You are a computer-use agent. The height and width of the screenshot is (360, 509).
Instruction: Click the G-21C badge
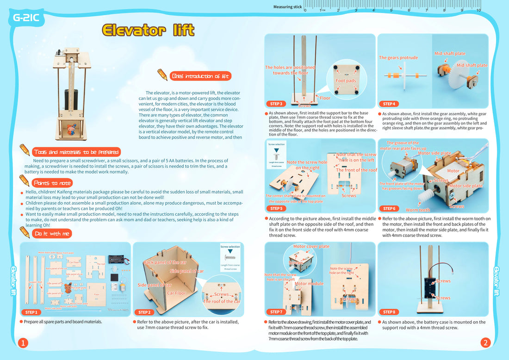coord(26,19)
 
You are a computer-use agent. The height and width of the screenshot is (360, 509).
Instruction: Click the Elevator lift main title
coord(148,31)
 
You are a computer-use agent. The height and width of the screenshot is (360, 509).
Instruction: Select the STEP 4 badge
coord(389,104)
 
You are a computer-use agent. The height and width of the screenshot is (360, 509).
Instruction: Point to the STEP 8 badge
coord(389,312)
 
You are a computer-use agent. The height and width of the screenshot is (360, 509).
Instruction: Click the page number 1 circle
coord(23,343)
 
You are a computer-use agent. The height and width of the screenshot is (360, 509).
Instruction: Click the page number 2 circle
coord(485,343)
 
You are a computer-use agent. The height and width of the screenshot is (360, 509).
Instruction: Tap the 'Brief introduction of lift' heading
coord(200,76)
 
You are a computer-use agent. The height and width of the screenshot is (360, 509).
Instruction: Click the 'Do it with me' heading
coord(52,234)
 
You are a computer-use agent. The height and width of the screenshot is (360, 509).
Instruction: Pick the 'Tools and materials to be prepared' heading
coord(76,152)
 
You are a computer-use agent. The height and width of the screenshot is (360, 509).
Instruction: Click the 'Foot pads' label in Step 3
coord(346,81)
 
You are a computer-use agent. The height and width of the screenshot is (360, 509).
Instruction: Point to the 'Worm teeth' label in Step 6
coord(417,210)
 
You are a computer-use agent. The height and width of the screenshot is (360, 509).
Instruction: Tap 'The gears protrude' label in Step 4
coord(398,58)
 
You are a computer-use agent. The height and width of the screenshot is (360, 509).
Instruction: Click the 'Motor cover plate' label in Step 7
coord(311,247)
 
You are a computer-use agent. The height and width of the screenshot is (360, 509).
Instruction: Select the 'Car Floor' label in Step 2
coord(176,293)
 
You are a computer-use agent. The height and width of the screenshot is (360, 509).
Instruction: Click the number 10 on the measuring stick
coord(478,10)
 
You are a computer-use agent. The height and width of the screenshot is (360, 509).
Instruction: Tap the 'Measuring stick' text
coord(287,7)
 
